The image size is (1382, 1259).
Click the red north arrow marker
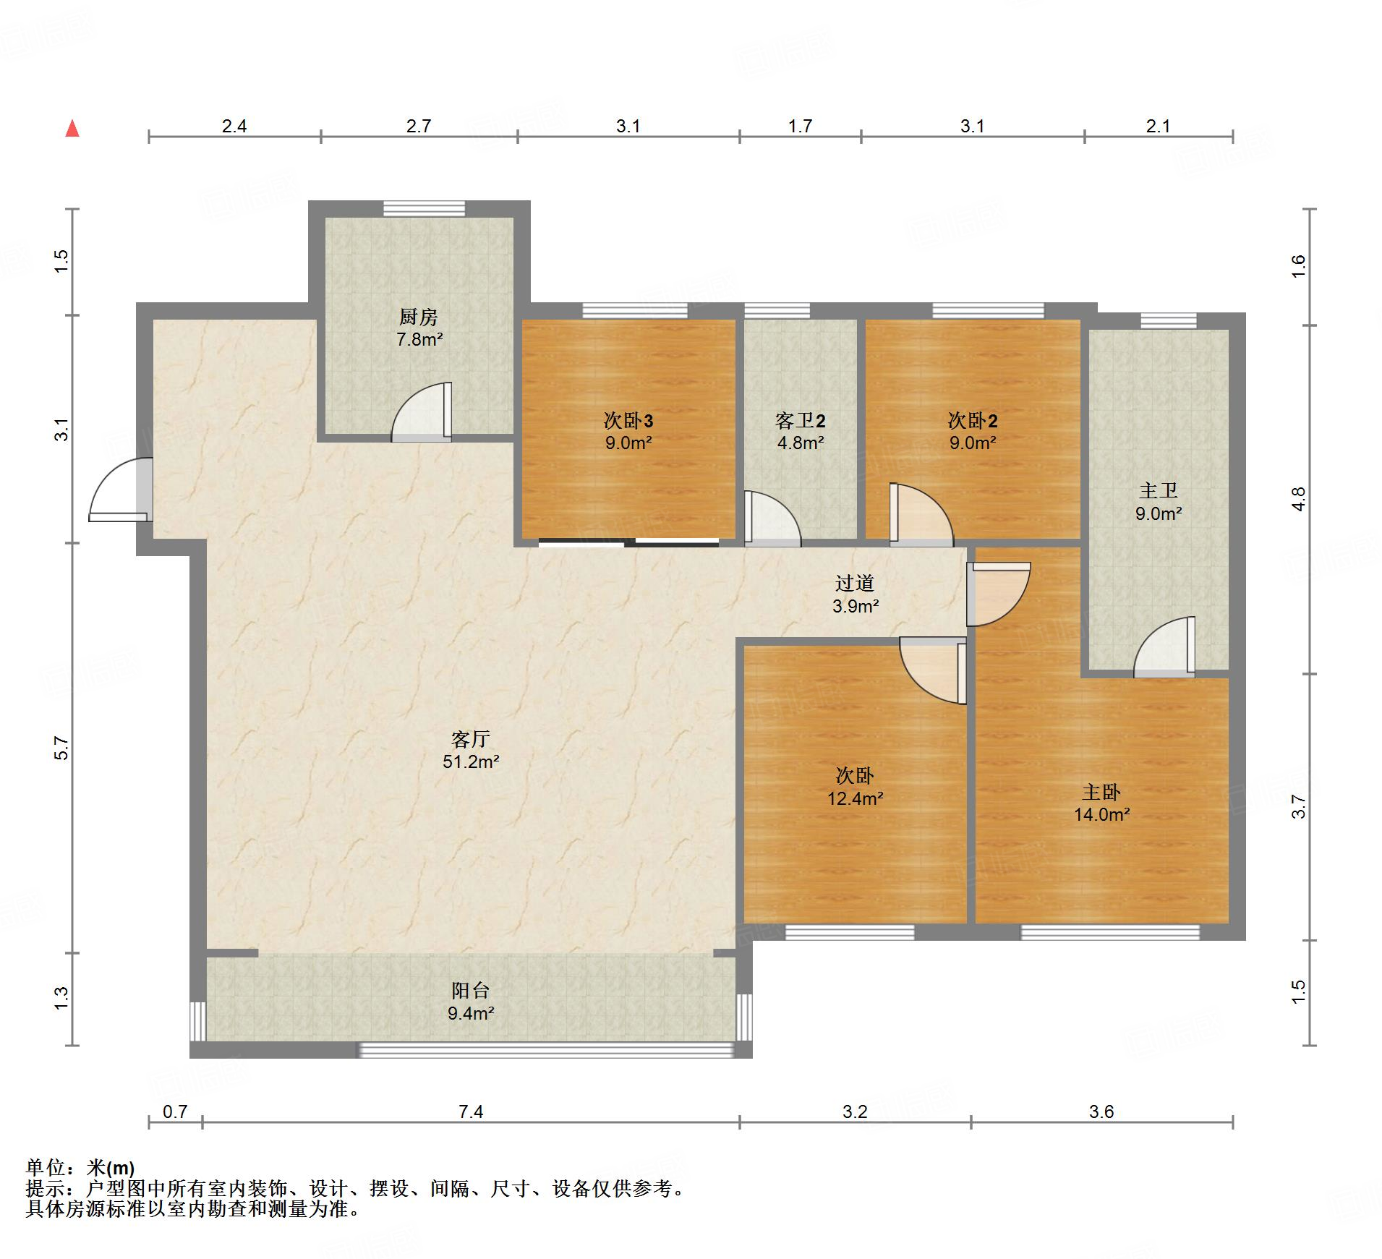click(x=72, y=129)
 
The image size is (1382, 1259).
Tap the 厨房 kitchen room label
click(x=419, y=317)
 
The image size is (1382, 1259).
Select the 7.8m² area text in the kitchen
click(x=419, y=339)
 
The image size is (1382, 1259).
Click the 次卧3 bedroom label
click(x=628, y=420)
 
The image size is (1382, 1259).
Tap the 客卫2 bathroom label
click(x=801, y=420)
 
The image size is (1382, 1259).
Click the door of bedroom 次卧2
click(x=921, y=514)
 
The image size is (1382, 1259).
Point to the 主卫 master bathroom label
click(x=1159, y=491)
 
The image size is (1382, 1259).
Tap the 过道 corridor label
click(x=855, y=583)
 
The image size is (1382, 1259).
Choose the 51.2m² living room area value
click(x=472, y=761)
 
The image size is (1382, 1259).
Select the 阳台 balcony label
click(x=471, y=991)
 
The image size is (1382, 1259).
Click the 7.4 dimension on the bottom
click(x=471, y=1111)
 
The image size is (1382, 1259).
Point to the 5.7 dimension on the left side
click(x=61, y=748)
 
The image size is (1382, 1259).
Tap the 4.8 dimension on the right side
click(x=1299, y=499)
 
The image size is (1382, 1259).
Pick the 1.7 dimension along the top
click(x=800, y=126)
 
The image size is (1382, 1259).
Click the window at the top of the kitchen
click(x=425, y=208)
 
